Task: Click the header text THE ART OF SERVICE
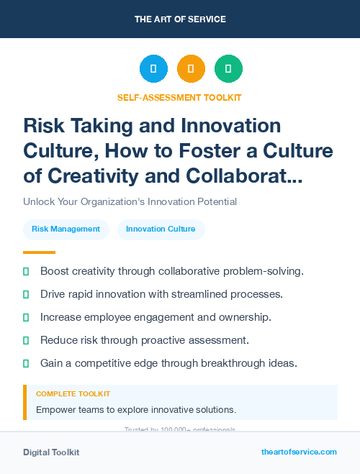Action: [180, 19]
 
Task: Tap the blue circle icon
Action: [153, 69]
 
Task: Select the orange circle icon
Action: [191, 69]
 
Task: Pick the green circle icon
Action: [228, 69]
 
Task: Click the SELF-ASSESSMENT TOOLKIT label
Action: [179, 97]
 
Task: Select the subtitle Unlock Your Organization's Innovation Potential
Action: [130, 201]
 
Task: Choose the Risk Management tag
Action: [66, 229]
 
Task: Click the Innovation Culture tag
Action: [161, 229]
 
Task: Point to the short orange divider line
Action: [39, 252]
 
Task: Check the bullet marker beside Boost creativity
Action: [26, 271]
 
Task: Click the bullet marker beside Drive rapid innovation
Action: [26, 294]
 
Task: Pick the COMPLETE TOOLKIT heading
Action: [73, 394]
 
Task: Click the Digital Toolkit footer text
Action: [51, 452]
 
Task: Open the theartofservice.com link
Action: [299, 452]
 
